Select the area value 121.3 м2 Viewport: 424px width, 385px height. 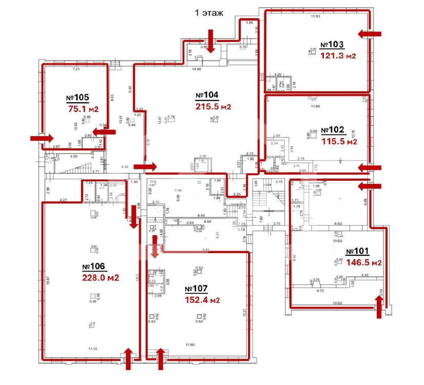[338, 56]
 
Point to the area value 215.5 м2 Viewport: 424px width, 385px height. [213, 107]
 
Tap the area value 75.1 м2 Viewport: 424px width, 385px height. [83, 109]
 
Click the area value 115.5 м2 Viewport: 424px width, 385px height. [339, 141]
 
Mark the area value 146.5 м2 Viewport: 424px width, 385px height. [363, 262]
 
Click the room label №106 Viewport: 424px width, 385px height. [93, 267]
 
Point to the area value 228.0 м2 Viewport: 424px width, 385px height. [101, 278]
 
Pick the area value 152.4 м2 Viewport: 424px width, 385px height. [202, 300]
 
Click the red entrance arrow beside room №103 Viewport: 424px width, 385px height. [370, 34]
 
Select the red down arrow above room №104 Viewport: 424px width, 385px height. [210, 38]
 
